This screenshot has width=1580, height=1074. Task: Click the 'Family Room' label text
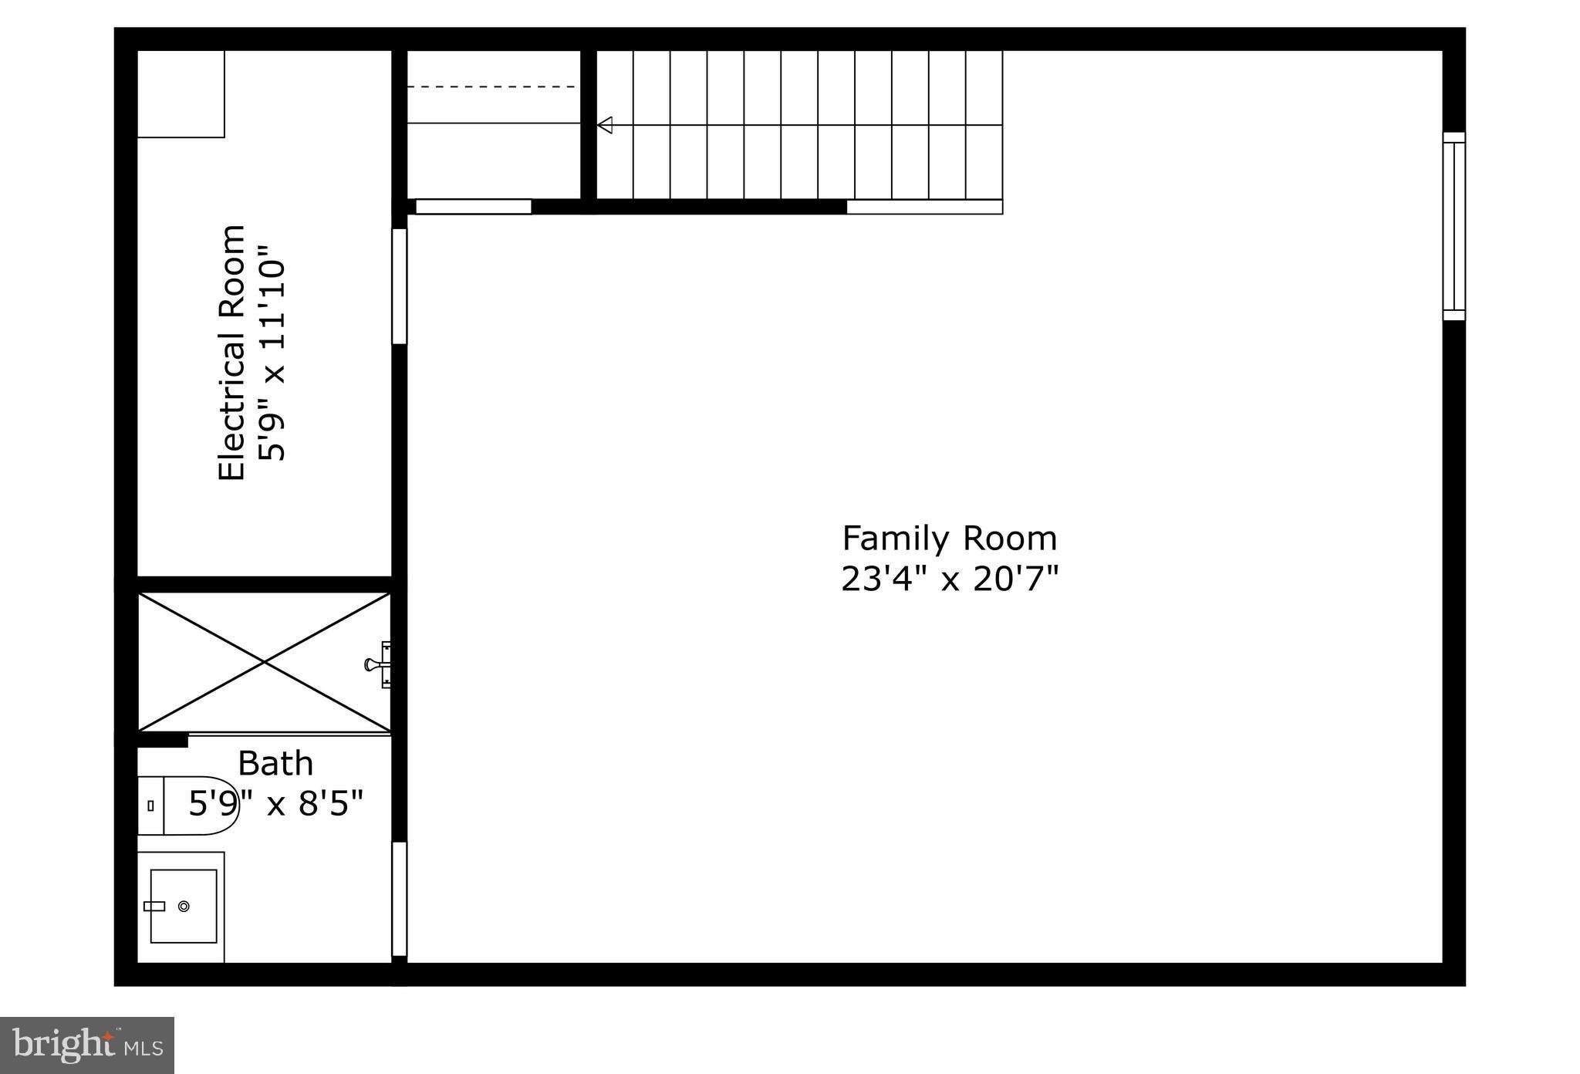[949, 539]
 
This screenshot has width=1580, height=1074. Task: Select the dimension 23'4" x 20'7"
[949, 579]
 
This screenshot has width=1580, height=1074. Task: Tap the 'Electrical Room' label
[231, 353]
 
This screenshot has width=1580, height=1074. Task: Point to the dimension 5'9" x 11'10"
[272, 353]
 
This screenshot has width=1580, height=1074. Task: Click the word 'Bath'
[275, 764]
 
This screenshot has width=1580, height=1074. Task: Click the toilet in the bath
[193, 805]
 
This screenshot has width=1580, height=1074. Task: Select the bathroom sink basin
[184, 906]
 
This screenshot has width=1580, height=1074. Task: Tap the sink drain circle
[184, 906]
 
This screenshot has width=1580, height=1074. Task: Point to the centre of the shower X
[265, 662]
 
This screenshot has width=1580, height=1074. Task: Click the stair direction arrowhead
[604, 125]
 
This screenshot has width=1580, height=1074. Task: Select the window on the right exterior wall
[1453, 226]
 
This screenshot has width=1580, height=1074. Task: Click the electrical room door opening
[399, 285]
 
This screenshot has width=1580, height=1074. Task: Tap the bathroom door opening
[399, 899]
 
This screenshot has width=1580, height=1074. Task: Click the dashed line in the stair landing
[491, 87]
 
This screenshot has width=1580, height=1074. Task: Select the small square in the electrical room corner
[181, 94]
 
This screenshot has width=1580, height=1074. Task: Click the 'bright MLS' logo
[87, 1045]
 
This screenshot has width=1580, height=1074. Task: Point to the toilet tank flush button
[150, 805]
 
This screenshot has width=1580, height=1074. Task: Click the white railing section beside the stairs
[924, 207]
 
